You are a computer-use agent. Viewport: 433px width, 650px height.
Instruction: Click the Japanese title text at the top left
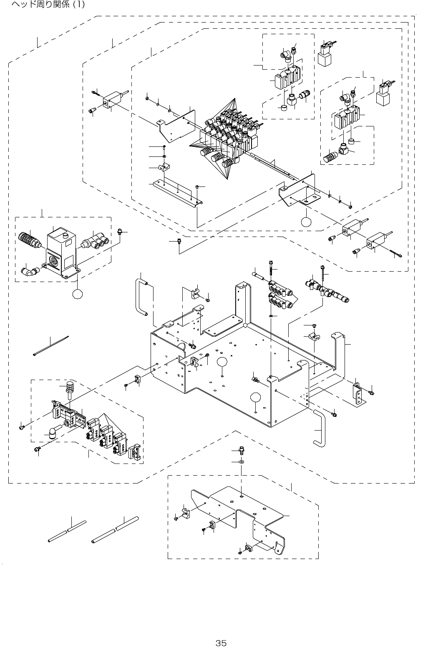(x=48, y=5)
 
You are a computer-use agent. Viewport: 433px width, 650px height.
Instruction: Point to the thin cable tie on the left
(x=50, y=345)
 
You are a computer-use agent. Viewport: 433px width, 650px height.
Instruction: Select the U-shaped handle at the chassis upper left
(x=141, y=298)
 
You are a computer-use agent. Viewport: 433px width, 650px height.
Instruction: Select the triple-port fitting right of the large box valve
(x=96, y=241)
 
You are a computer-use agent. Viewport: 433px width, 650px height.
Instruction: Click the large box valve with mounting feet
(x=62, y=252)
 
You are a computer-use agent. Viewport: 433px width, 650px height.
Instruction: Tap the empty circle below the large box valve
(x=77, y=294)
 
